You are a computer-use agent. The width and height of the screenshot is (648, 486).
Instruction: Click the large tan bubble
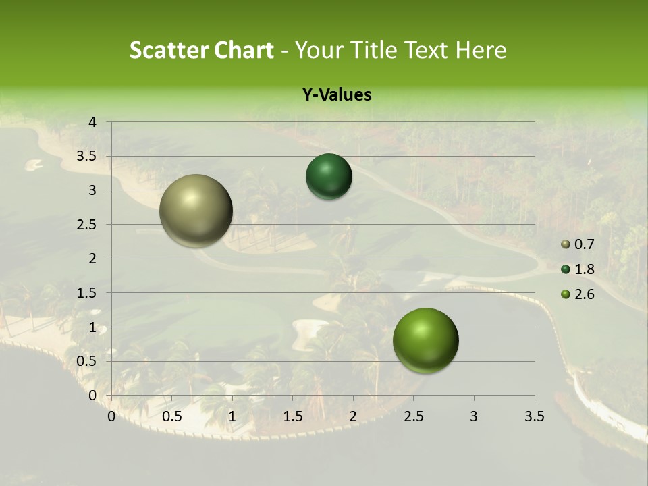196,211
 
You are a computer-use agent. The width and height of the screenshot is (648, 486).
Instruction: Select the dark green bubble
329,176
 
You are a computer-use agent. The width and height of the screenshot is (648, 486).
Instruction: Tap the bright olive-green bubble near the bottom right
425,341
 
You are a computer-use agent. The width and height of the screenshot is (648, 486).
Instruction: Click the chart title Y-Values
336,95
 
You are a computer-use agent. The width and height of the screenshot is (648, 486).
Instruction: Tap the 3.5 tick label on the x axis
534,416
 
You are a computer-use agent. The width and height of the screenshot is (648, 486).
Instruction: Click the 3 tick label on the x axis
474,416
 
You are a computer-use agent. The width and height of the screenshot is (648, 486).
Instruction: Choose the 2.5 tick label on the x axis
413,416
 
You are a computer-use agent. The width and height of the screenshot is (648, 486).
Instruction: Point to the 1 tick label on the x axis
232,416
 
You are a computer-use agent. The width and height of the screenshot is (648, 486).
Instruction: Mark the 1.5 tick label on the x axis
292,416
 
